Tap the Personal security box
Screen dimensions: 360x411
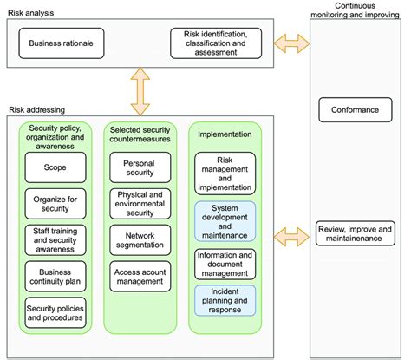(x=139, y=168)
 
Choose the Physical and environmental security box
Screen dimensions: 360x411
(x=139, y=204)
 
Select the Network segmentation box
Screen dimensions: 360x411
(x=139, y=239)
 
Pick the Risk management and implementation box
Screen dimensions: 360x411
(x=225, y=172)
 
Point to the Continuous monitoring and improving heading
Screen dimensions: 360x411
(x=356, y=10)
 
